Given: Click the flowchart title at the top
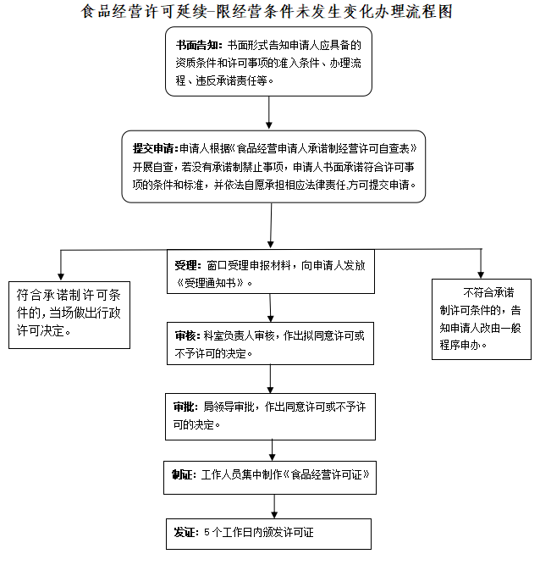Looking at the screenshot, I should tap(270, 12).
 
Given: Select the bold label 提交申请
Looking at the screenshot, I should tap(153, 146).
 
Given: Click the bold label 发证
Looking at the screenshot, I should tap(185, 533).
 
